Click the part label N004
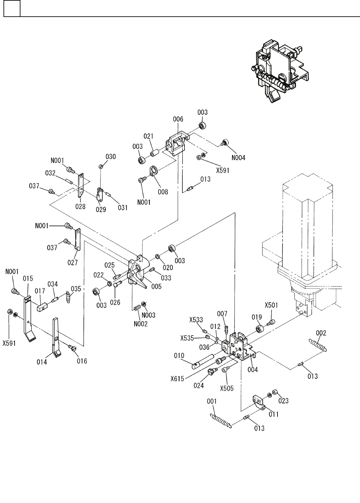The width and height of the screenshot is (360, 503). [238, 158]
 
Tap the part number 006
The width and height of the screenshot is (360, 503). [178, 119]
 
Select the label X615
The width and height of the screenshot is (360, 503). [177, 379]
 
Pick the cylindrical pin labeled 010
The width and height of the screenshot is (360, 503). [203, 361]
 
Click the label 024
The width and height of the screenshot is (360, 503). [199, 385]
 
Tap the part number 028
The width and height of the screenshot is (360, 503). [80, 206]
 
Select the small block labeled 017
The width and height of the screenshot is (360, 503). [42, 307]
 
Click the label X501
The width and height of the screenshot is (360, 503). [271, 305]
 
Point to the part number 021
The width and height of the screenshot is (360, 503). [148, 136]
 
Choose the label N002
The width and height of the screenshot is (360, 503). [141, 324]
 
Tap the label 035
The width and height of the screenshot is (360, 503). [76, 289]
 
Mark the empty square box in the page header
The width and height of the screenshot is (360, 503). [12, 8]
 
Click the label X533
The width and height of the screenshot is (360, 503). [196, 320]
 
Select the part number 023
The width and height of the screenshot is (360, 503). [283, 401]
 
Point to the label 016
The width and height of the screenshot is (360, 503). [82, 361]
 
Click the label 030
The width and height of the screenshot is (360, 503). [111, 156]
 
